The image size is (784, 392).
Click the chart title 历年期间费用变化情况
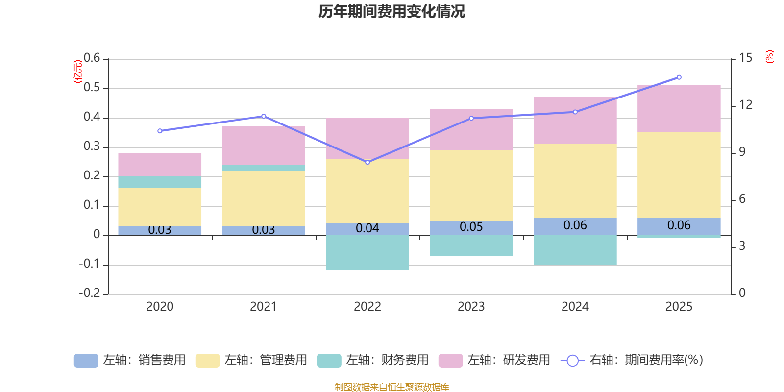point(392,11)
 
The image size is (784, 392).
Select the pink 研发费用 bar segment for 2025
point(679,108)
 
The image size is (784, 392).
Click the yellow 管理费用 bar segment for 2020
point(160,207)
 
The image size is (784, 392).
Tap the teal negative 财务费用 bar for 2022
point(367,252)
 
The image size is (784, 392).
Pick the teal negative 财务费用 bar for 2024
point(575,250)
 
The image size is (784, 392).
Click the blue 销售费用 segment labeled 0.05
point(471,227)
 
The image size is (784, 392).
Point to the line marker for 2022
point(367,162)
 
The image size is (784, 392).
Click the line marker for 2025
point(679,77)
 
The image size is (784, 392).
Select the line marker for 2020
point(160,131)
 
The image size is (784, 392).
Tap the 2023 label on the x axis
point(471,307)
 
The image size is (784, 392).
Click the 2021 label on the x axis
point(264,307)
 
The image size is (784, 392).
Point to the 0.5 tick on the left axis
point(92,88)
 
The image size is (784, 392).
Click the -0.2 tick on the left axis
point(90,294)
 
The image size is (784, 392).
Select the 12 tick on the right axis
point(745,104)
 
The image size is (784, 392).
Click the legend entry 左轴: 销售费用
point(130,360)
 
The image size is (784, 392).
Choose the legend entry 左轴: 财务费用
point(373,360)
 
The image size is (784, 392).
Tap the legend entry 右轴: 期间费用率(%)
point(632,360)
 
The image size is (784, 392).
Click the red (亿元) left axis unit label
point(77,72)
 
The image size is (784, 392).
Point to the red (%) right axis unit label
point(770,57)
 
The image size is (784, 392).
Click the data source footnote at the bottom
point(392,387)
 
